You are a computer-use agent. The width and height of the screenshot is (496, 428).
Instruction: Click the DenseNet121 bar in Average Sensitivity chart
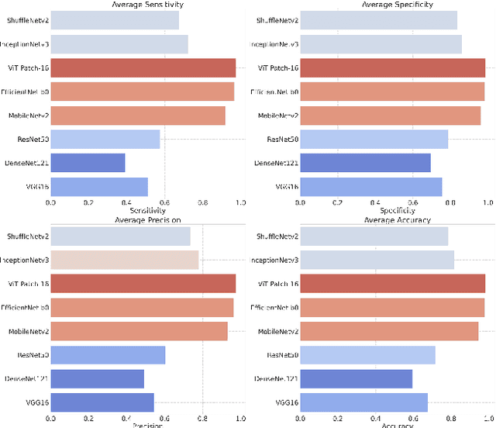click(88, 163)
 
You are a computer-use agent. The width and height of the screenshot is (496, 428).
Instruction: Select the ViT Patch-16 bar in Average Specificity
click(392, 68)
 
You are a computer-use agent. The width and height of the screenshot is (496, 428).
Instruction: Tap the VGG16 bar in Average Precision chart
click(102, 402)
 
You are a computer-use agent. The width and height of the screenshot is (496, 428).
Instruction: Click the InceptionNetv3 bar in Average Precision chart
click(125, 260)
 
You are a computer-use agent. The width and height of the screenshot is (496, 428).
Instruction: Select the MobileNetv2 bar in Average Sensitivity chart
click(138, 116)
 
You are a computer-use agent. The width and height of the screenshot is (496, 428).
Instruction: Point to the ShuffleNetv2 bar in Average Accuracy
click(374, 236)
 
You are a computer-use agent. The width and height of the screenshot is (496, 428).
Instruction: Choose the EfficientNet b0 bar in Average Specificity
click(391, 91)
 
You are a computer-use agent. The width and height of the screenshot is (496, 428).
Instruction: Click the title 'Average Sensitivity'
click(146, 5)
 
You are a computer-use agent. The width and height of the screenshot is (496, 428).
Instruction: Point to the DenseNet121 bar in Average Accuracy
click(356, 378)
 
